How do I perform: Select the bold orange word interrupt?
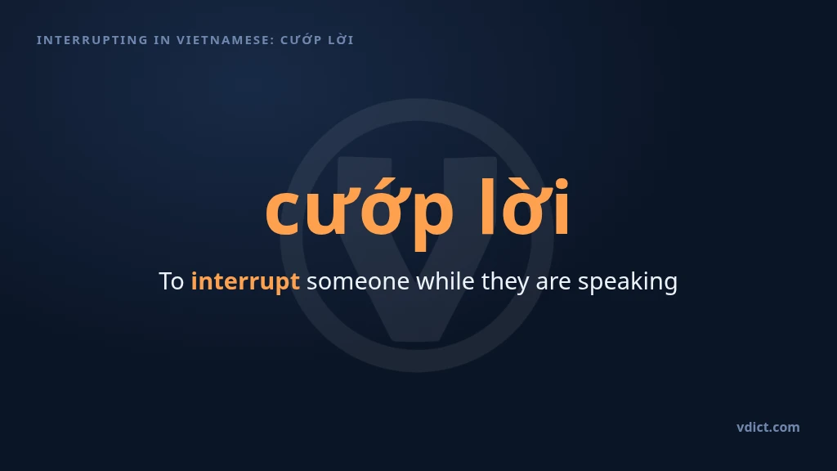245,282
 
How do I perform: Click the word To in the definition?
172,281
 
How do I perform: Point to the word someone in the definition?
358,282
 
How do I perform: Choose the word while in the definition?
445,281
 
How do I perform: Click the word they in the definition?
505,282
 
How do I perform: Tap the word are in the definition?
553,283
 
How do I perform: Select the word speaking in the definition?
628,282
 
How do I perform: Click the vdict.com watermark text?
768,427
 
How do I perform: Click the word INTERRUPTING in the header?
92,40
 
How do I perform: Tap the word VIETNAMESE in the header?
224,40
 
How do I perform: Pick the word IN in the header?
163,40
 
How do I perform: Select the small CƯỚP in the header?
301,40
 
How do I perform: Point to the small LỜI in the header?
341,40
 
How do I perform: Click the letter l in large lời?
487,207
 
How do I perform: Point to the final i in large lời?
562,209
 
